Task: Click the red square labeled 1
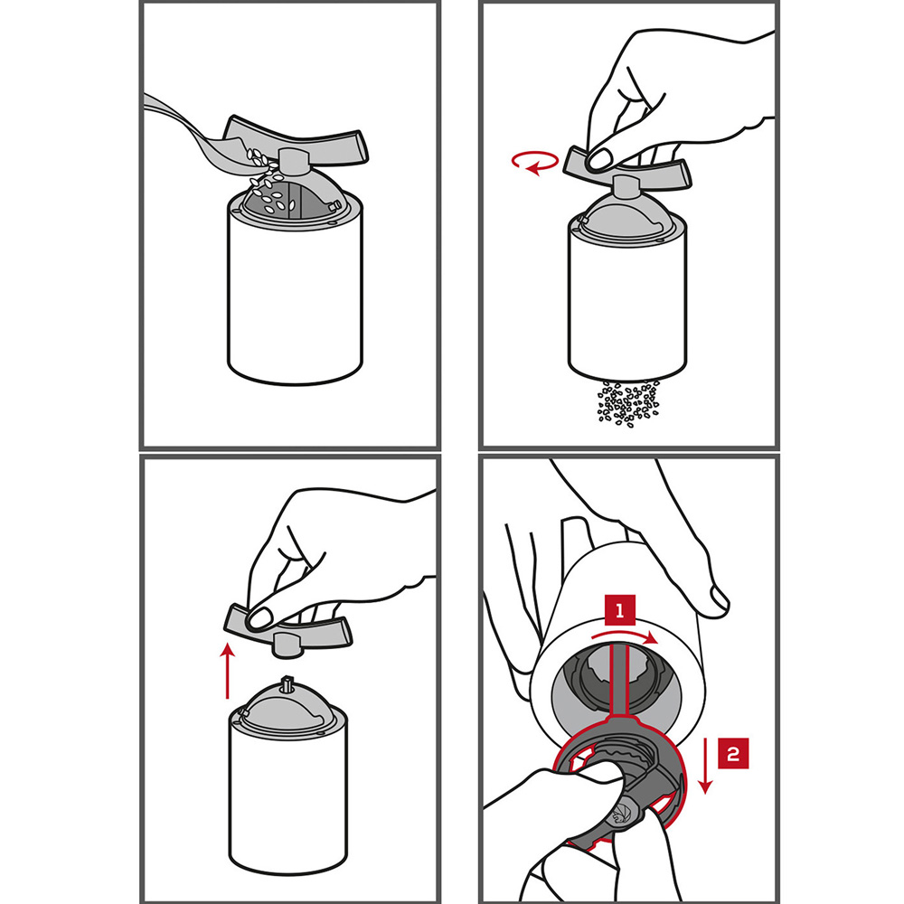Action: [x=620, y=610]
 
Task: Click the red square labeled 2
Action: [x=733, y=753]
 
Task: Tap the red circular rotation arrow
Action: [x=535, y=162]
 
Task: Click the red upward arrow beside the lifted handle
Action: [x=229, y=671]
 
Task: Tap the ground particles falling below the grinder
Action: [x=628, y=402]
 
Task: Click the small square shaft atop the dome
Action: [x=287, y=683]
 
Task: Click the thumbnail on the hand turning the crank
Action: [x=599, y=159]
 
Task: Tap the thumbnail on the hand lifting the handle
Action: [x=260, y=617]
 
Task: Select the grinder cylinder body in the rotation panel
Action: [x=627, y=300]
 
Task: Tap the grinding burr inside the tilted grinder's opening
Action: [x=616, y=681]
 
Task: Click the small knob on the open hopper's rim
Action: [x=334, y=204]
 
